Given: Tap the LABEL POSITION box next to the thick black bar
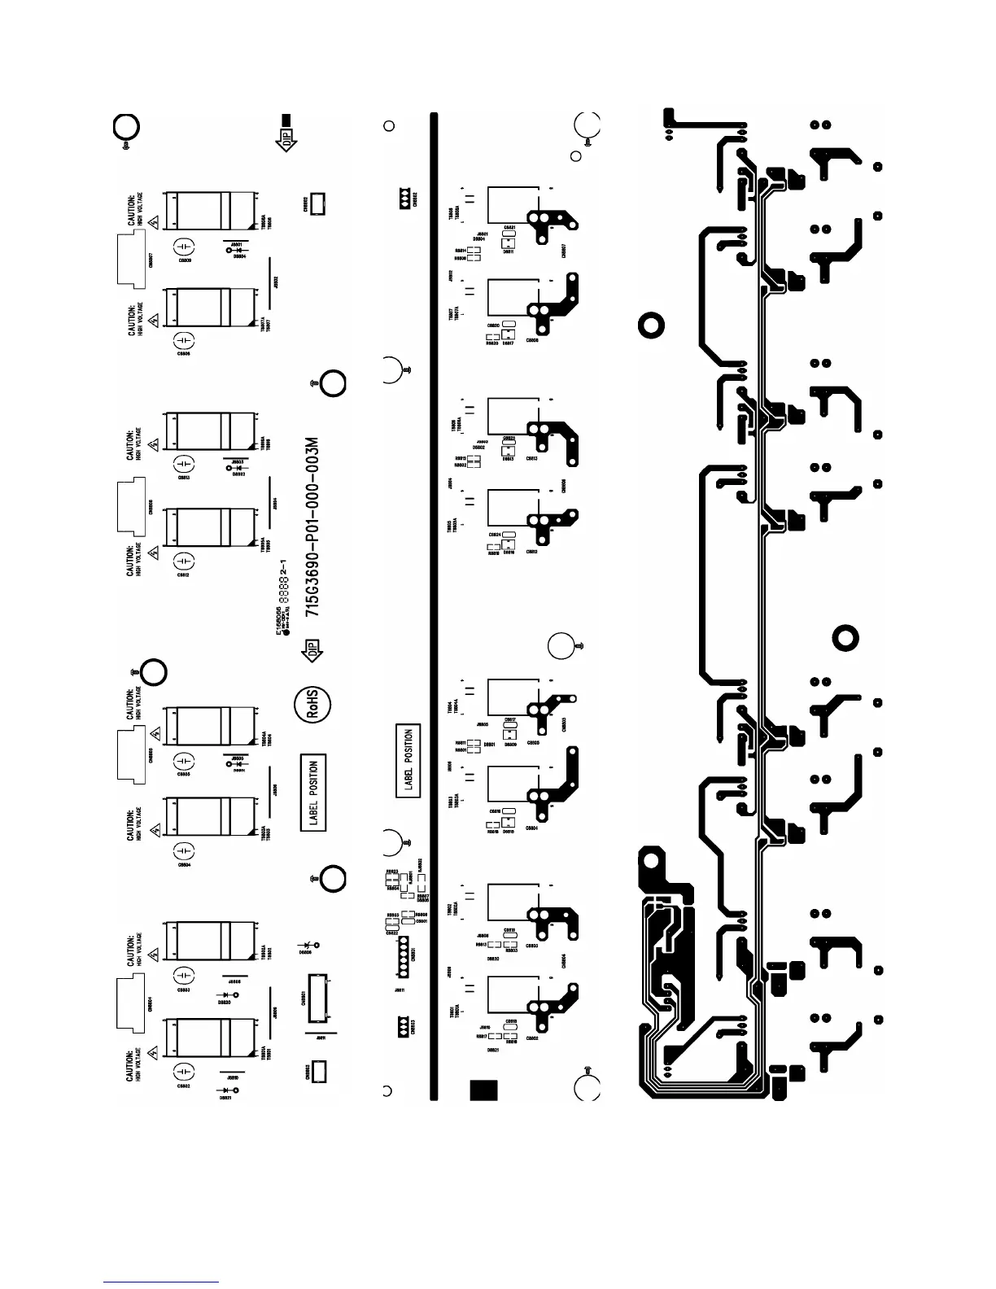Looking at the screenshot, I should pyautogui.click(x=408, y=760).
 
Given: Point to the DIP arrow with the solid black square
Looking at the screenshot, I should pyautogui.click(x=286, y=133).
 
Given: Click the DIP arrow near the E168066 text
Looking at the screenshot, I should pyautogui.click(x=313, y=649).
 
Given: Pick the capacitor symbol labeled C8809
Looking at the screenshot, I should pyautogui.click(x=186, y=246).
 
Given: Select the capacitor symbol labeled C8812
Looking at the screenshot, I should pyautogui.click(x=186, y=561).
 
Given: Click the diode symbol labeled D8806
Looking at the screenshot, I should pyautogui.click(x=308, y=946).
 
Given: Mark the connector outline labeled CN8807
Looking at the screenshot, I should pyautogui.click(x=131, y=260).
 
